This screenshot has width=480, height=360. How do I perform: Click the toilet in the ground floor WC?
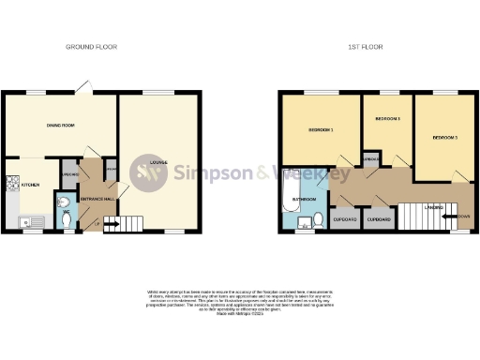64,217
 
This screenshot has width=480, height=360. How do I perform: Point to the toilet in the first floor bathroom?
320,220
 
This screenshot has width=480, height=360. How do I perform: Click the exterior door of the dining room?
84,86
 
